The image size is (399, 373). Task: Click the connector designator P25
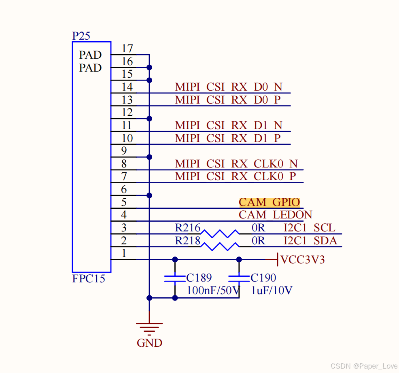pos(81,36)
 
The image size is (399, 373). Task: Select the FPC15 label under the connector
pos(89,279)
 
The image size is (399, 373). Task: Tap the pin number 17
pos(127,49)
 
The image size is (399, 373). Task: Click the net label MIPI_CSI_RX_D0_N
pos(229,87)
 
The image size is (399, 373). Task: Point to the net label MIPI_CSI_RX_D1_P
pos(228,138)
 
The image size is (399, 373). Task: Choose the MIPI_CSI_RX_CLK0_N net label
pos(236,164)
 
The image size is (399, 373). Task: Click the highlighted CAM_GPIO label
pos(269,202)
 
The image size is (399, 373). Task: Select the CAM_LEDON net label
pos(276,215)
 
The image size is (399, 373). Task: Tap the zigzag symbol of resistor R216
pos(220,234)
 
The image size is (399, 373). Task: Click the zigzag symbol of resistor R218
pos(220,246)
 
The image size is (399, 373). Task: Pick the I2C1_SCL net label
pos(310,228)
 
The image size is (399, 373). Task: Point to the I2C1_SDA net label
pos(310,241)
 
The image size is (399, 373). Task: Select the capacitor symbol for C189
pos(175,278)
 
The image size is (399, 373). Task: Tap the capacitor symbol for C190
pos(239,278)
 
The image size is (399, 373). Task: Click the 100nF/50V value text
pos(214,290)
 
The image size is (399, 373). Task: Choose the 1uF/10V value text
pos(272,290)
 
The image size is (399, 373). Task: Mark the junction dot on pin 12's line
pos(149,119)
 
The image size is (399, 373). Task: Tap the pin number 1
pos(124,254)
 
